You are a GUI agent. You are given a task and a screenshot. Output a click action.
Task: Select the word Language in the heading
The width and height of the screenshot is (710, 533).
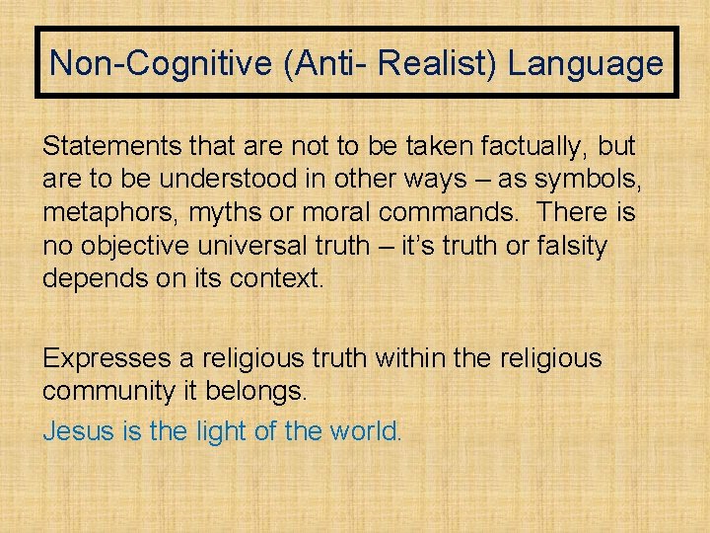(x=585, y=64)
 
